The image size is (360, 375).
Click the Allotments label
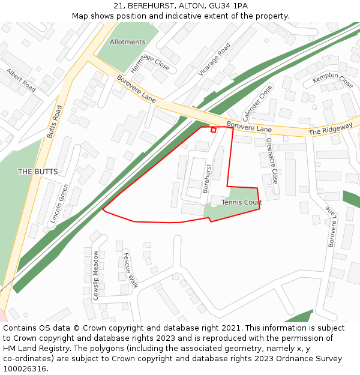[127, 42]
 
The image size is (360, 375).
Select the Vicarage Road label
[214, 59]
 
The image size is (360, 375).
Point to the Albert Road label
[21, 80]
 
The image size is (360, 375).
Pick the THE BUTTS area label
[38, 172]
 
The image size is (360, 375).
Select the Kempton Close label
[332, 80]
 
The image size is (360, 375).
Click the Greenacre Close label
[272, 160]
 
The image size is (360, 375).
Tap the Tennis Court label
[242, 202]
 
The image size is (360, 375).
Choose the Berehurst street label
[208, 178]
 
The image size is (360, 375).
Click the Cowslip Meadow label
[95, 275]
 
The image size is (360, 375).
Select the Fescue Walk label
[130, 270]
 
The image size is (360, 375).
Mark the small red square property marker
[213, 130]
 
